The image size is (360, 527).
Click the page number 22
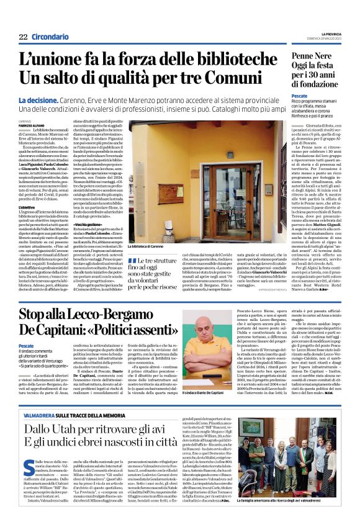coord(23,36)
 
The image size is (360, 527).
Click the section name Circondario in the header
coord(50,36)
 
